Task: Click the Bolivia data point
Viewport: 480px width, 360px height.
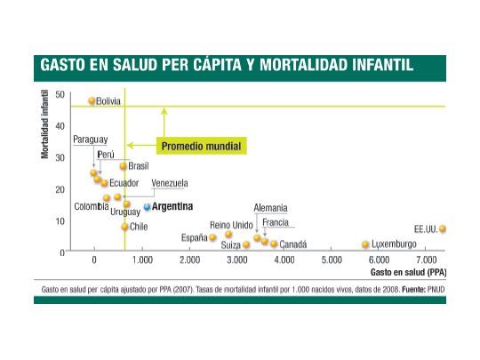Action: pyautogui.click(x=92, y=101)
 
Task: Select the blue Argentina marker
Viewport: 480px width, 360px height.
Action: pyautogui.click(x=147, y=206)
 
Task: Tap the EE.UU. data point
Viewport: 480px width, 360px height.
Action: pyautogui.click(x=442, y=228)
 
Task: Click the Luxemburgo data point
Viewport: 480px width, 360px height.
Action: pyautogui.click(x=364, y=244)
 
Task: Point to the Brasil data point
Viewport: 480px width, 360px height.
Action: pyautogui.click(x=124, y=166)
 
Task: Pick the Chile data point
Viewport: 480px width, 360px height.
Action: pyautogui.click(x=124, y=227)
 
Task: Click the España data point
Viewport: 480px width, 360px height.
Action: pyautogui.click(x=212, y=237)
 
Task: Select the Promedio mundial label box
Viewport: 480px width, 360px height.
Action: pyautogui.click(x=201, y=145)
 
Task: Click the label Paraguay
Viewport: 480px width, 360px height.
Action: pyautogui.click(x=91, y=140)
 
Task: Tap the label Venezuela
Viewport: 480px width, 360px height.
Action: pyautogui.click(x=171, y=183)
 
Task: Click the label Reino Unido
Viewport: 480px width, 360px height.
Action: pyautogui.click(x=231, y=225)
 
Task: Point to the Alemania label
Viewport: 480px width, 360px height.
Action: pyautogui.click(x=270, y=208)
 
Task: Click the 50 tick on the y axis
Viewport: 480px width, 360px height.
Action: pyautogui.click(x=60, y=94)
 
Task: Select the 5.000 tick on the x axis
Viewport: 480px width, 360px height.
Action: pyautogui.click(x=331, y=260)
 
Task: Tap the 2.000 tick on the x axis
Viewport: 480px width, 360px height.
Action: pyautogui.click(x=188, y=260)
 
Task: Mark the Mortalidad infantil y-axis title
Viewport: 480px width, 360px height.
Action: pyautogui.click(x=44, y=124)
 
